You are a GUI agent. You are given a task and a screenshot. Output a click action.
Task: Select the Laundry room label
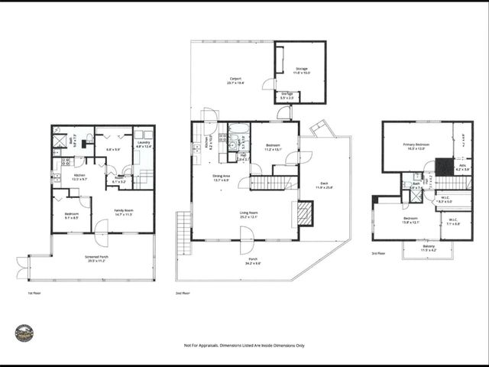(x=144, y=144)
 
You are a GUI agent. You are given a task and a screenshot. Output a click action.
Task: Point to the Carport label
(x=235, y=80)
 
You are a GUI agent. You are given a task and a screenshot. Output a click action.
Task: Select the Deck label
(x=325, y=186)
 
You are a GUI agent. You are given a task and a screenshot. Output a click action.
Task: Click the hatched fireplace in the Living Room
(x=305, y=213)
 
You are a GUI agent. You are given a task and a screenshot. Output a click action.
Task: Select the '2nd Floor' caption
(x=183, y=292)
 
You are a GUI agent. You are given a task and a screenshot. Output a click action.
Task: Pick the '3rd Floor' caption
(x=378, y=252)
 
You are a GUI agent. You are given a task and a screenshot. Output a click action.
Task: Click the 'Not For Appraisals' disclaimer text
(x=244, y=346)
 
